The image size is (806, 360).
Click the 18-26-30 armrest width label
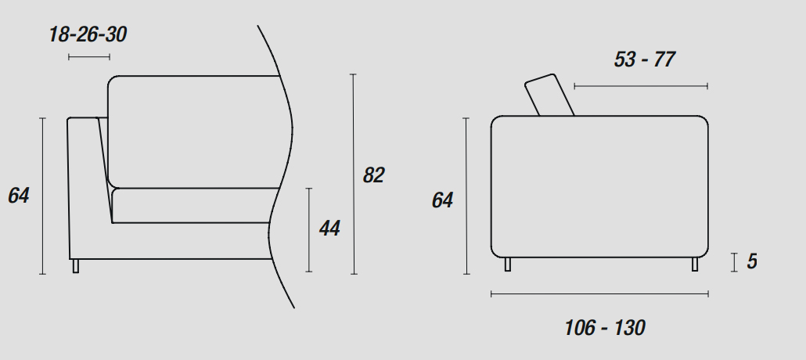point(88,34)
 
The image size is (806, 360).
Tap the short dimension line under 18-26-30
point(89,57)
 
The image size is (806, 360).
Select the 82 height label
point(374,175)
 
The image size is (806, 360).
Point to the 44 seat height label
point(329,229)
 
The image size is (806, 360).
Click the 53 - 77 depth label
point(644,59)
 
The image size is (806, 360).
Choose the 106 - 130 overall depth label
point(604,328)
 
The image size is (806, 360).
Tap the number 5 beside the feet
point(752,261)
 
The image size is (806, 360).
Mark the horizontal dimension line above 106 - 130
point(600,294)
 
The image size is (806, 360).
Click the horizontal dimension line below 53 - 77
point(641,86)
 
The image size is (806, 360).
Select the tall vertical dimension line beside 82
point(354,174)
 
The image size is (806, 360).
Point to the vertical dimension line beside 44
point(309,230)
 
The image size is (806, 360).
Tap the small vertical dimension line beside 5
point(735,262)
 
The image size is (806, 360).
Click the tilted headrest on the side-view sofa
point(549,95)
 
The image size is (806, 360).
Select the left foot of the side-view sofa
point(508,265)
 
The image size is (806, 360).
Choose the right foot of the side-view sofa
point(695,265)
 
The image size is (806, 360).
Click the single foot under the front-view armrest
point(76,266)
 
